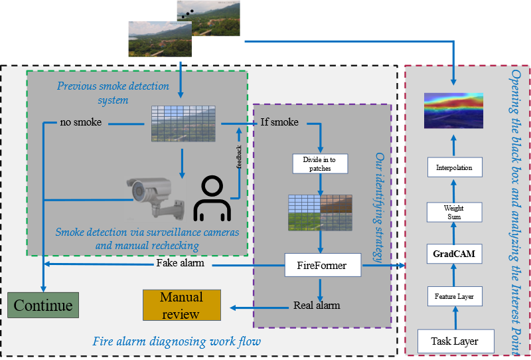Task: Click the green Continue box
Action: pyautogui.click(x=43, y=306)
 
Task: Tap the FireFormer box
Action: pyautogui.click(x=324, y=266)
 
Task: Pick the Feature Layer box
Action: pyautogui.click(x=454, y=296)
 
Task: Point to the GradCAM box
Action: pyautogui.click(x=454, y=254)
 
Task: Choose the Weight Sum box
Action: pyautogui.click(x=454, y=213)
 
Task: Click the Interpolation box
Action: pyautogui.click(x=454, y=168)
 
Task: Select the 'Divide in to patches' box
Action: pyautogui.click(x=321, y=163)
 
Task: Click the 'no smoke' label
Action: pyautogui.click(x=80, y=122)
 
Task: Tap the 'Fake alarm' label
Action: pyautogui.click(x=180, y=264)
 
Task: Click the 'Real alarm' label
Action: pyautogui.click(x=317, y=306)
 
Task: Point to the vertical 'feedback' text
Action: pyautogui.click(x=238, y=157)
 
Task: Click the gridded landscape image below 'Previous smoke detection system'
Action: pyautogui.click(x=184, y=124)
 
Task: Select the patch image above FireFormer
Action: pyautogui.click(x=320, y=213)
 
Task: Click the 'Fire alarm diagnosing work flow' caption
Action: pyautogui.click(x=177, y=341)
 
